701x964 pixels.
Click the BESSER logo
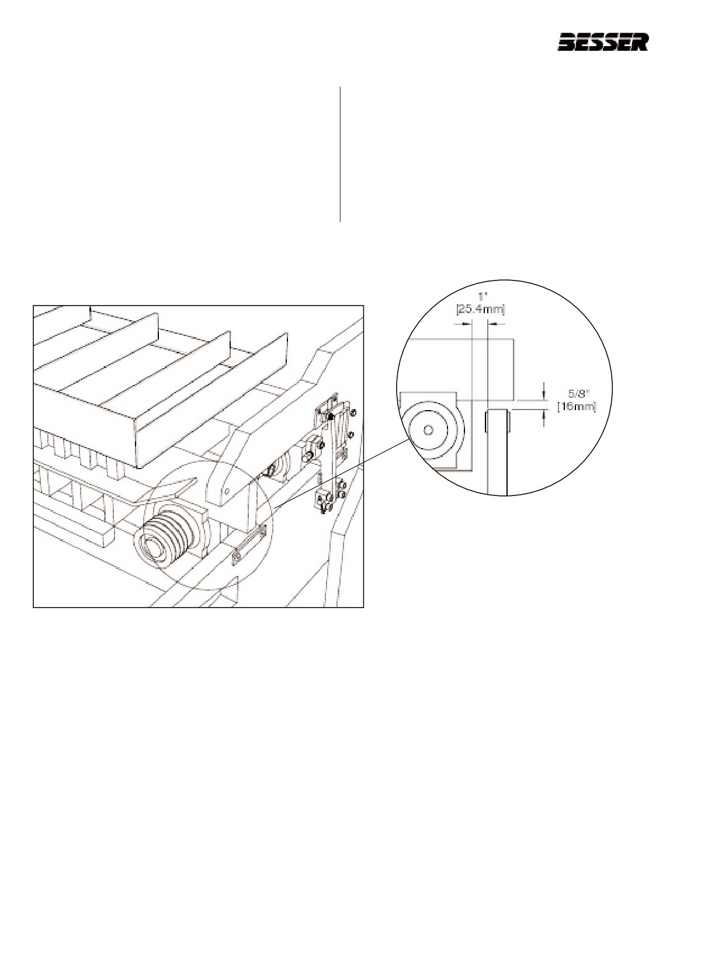603,43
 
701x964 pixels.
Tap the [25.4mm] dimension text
480,309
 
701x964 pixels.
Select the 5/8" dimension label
577,393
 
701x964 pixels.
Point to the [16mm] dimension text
577,406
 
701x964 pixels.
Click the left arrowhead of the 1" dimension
467,325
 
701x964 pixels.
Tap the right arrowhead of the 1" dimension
492,325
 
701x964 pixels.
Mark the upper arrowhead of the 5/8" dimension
544,395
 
